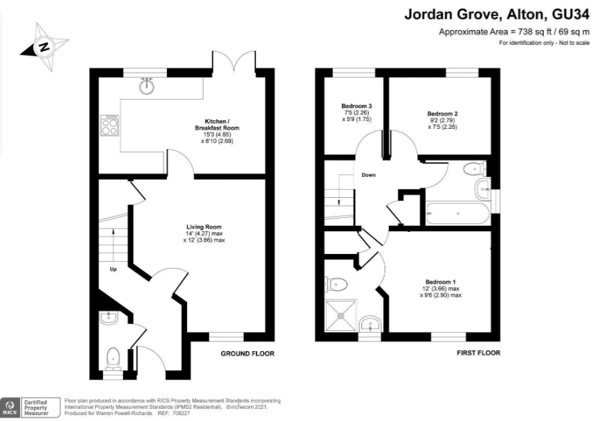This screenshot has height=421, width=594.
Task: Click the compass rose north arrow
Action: click(44, 46)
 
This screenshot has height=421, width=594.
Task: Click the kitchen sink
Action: click(147, 86)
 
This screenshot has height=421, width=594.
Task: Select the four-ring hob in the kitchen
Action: click(109, 124)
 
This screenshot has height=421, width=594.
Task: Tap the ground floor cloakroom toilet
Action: click(113, 356)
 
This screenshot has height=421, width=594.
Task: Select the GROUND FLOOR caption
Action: click(247, 354)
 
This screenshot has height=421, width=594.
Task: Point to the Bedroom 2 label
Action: click(442, 114)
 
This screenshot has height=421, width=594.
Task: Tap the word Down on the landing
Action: click(368, 175)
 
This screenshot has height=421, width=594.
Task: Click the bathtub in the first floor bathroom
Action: click(458, 213)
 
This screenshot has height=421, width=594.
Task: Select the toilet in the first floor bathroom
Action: click(475, 168)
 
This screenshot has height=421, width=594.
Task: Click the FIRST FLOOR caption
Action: click(478, 353)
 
